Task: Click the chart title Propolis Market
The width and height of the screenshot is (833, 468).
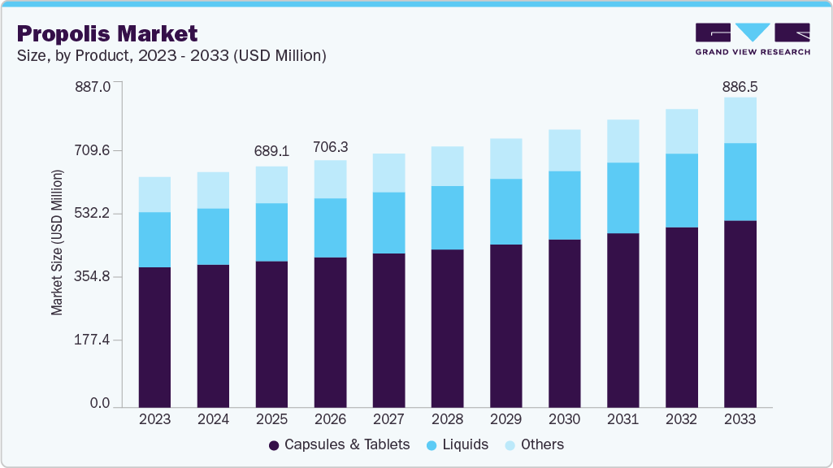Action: click(107, 33)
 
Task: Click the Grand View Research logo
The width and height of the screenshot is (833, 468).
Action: click(752, 39)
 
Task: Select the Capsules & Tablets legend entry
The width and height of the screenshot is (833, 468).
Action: click(339, 444)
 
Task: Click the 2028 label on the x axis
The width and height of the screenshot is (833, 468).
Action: click(447, 420)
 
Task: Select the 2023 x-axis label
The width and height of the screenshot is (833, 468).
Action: click(154, 420)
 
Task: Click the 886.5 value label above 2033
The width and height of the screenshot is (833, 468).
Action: click(740, 86)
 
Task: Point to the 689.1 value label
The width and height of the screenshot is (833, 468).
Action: click(271, 151)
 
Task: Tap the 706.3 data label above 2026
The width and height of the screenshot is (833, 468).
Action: click(330, 147)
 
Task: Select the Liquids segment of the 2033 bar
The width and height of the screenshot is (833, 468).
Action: click(740, 181)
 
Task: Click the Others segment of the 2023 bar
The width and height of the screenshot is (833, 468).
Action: click(154, 194)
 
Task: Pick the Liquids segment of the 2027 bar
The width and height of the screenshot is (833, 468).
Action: click(388, 223)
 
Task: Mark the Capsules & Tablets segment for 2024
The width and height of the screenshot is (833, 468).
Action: click(213, 335)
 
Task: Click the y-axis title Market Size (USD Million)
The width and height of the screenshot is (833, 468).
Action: click(57, 242)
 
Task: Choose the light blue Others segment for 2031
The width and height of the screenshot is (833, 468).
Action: click(623, 141)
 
